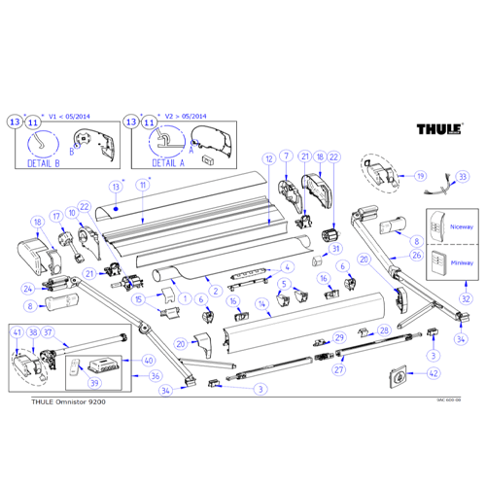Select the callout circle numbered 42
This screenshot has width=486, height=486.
(434, 372)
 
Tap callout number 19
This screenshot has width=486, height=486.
(421, 176)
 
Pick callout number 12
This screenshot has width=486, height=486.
(268, 157)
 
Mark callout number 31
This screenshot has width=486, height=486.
(337, 249)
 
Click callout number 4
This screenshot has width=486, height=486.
(287, 266)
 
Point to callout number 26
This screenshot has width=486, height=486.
(414, 256)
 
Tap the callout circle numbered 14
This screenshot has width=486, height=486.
(261, 304)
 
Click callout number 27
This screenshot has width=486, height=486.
(339, 369)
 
